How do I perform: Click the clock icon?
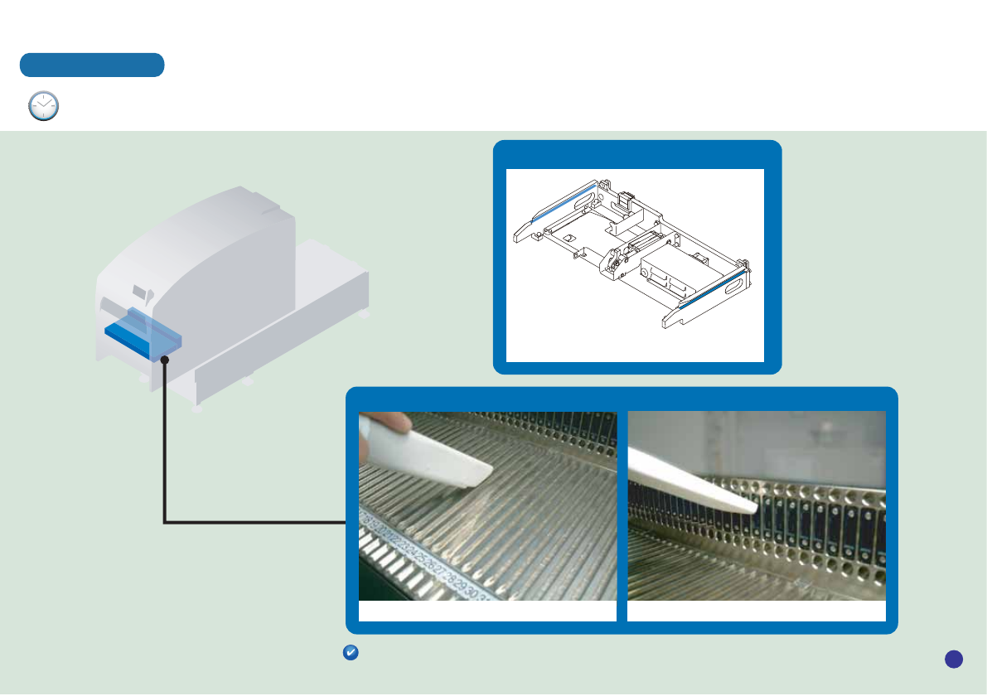coord(44,107)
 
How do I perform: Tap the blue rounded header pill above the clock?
coord(92,65)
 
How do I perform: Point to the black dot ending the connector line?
coord(165,360)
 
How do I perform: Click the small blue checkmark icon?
coord(350,654)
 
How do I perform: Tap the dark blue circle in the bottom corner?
coord(953,659)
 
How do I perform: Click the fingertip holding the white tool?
coord(395,424)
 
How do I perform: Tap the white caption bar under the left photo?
coord(487,611)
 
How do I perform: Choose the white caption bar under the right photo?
coord(757,611)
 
